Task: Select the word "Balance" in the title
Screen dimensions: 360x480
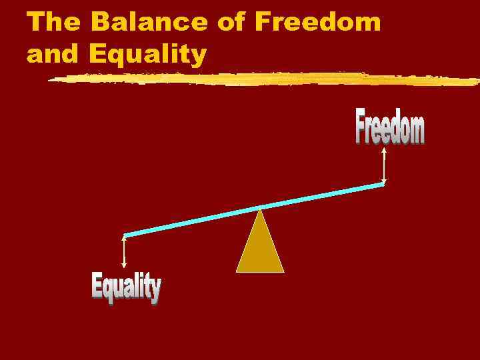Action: point(151,23)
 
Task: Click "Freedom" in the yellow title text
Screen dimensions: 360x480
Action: point(318,23)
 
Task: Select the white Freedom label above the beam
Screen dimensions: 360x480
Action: point(389,129)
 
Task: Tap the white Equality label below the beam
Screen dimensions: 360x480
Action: point(126,289)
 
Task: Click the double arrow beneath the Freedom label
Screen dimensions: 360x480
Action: point(384,165)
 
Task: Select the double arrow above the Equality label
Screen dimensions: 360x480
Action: point(124,252)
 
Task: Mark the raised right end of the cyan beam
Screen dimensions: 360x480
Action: point(383,185)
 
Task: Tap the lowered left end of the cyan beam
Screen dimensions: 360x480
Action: point(126,234)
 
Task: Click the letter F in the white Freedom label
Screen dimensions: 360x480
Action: point(361,129)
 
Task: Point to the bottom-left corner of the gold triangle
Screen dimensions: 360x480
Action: point(237,271)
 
